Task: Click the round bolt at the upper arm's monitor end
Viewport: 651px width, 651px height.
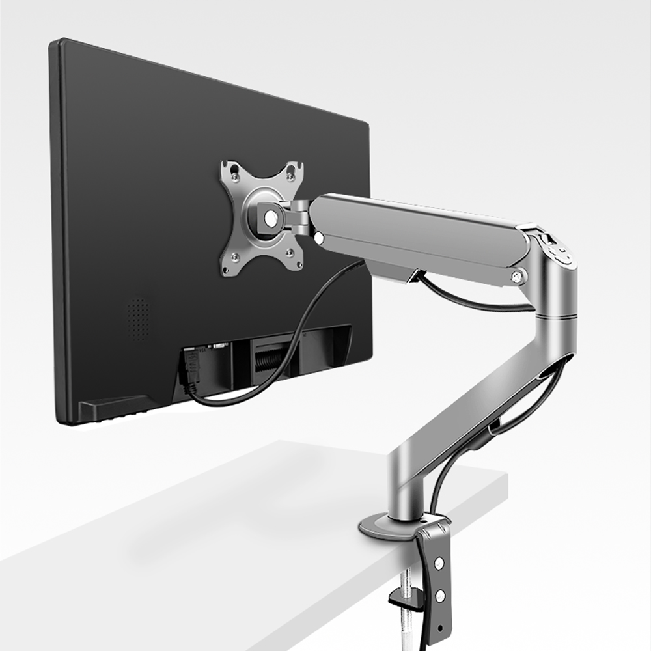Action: pos(320,238)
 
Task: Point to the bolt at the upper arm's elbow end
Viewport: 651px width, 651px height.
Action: pos(518,277)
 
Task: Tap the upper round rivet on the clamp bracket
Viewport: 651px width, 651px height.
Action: pos(439,562)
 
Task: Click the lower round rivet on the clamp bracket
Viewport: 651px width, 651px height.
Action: pos(441,595)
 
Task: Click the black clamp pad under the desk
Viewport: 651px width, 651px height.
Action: pos(400,597)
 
